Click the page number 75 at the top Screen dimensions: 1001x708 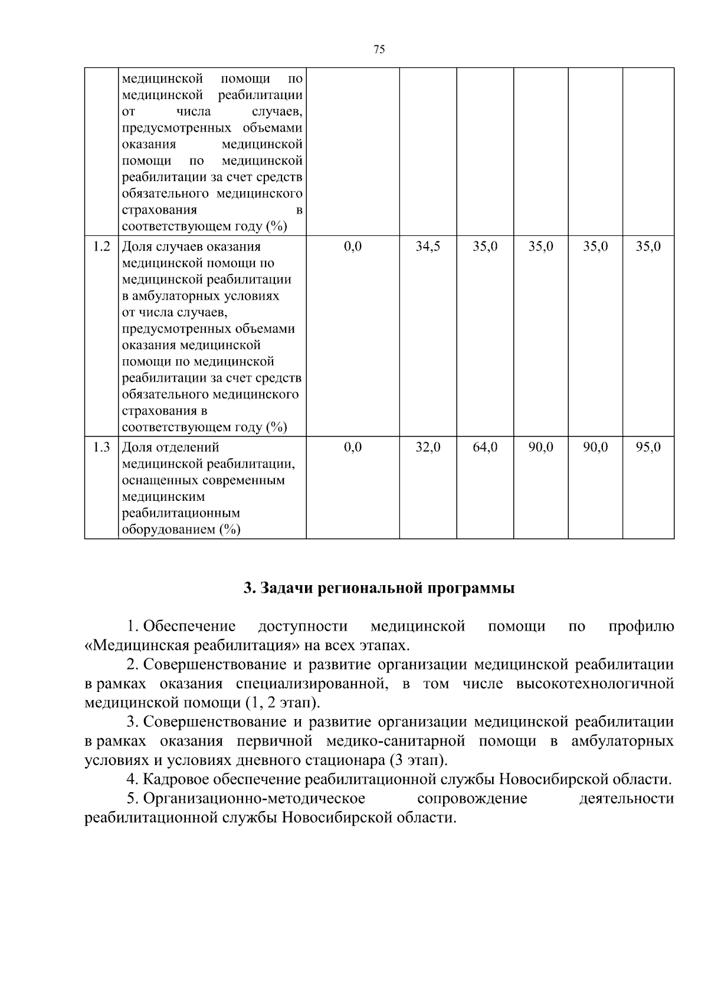pos(379,50)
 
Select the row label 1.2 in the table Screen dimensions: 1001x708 pos(101,247)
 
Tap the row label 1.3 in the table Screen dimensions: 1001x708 pos(101,448)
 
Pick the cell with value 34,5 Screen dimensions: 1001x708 pos(428,247)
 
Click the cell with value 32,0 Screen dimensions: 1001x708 pos(428,448)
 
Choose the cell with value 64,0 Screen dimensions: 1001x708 pos(485,448)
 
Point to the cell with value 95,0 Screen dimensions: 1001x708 pos(648,448)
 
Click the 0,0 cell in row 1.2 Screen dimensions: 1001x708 pos(352,247)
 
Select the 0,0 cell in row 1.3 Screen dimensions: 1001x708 pos(352,448)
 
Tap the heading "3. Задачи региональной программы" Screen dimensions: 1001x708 pos(379,588)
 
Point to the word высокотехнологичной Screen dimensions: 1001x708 pos(595,684)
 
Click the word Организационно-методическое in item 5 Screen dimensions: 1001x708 pos(254,799)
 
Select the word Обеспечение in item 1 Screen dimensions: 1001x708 pos(189,626)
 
